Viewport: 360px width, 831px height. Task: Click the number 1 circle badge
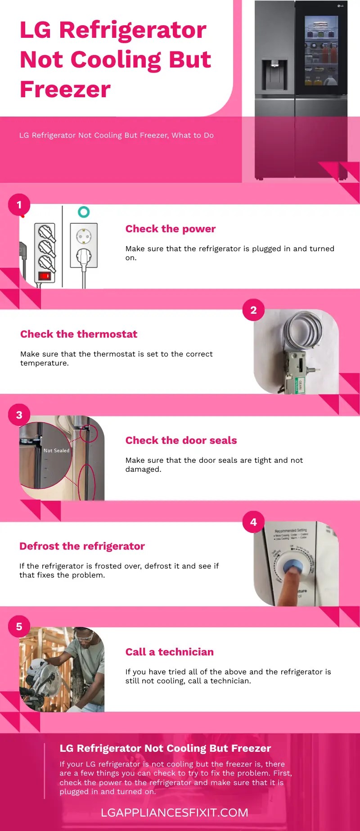point(19,205)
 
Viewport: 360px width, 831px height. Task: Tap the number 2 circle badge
point(253,310)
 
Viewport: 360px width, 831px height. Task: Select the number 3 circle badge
point(19,415)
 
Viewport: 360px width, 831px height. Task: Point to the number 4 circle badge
point(253,522)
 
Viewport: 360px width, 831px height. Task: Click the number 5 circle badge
point(19,627)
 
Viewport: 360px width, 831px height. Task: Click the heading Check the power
point(171,229)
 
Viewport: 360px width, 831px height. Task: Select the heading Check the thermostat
point(79,334)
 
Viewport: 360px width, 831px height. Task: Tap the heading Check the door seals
point(181,440)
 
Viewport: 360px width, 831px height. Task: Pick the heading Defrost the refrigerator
point(82,546)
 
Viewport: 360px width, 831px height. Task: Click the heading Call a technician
point(169,652)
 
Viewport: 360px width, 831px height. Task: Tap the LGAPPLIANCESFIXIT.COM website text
point(175,813)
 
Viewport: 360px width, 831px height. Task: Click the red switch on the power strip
point(44,275)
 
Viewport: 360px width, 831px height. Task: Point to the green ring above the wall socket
point(84,212)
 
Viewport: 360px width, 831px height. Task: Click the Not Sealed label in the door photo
point(56,450)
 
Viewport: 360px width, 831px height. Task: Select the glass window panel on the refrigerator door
point(321,50)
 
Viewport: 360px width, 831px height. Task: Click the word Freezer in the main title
point(65,89)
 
